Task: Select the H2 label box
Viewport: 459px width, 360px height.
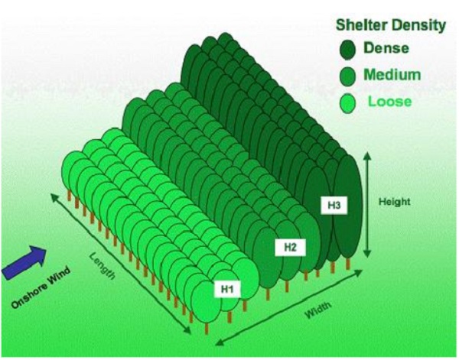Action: [285, 246]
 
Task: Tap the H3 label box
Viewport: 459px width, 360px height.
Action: [332, 205]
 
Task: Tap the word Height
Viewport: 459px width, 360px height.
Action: [395, 202]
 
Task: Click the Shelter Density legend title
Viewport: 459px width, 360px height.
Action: [391, 25]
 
